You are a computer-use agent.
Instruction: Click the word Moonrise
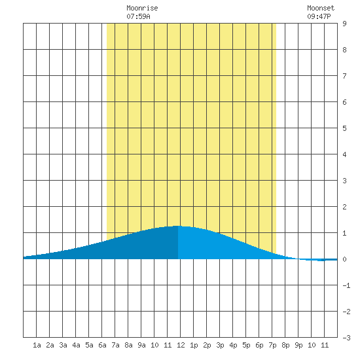(x=142, y=8)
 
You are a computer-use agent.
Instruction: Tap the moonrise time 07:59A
(x=138, y=16)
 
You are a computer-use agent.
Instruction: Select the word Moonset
(x=321, y=8)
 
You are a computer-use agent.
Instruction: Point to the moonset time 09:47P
(x=319, y=16)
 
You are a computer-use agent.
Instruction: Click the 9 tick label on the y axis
(x=344, y=24)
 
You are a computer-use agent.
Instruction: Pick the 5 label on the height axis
(x=344, y=128)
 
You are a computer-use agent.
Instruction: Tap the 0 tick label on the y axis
(x=344, y=259)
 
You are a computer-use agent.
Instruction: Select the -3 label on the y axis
(x=346, y=338)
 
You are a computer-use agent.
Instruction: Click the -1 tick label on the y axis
(x=346, y=285)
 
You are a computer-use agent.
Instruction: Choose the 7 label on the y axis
(x=344, y=76)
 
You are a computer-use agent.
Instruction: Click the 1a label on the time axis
(x=37, y=345)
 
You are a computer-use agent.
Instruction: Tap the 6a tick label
(x=102, y=345)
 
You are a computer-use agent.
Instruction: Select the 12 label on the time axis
(x=181, y=345)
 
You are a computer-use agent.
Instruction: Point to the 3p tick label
(x=220, y=346)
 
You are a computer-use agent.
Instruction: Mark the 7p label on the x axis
(x=272, y=346)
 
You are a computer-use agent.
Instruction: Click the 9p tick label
(x=298, y=346)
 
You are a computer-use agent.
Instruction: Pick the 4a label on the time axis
(x=76, y=345)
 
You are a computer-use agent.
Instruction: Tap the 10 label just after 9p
(x=312, y=345)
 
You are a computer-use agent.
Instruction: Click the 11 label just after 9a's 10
(x=168, y=345)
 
